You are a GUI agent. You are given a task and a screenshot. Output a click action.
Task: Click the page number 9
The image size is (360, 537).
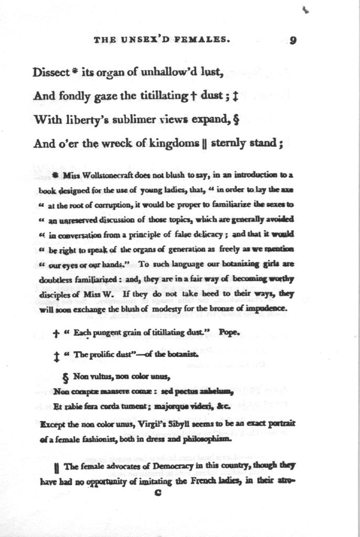coord(293,41)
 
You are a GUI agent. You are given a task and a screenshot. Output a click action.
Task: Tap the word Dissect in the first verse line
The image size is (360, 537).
coord(51,73)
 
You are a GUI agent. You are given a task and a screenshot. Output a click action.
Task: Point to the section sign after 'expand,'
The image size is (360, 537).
coord(236,120)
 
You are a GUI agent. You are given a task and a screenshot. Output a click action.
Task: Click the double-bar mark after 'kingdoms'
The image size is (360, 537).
coord(204,144)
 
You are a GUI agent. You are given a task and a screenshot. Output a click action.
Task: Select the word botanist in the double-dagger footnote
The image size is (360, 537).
coord(182,355)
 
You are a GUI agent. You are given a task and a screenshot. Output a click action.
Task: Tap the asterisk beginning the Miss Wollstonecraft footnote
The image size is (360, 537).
coord(56,174)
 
